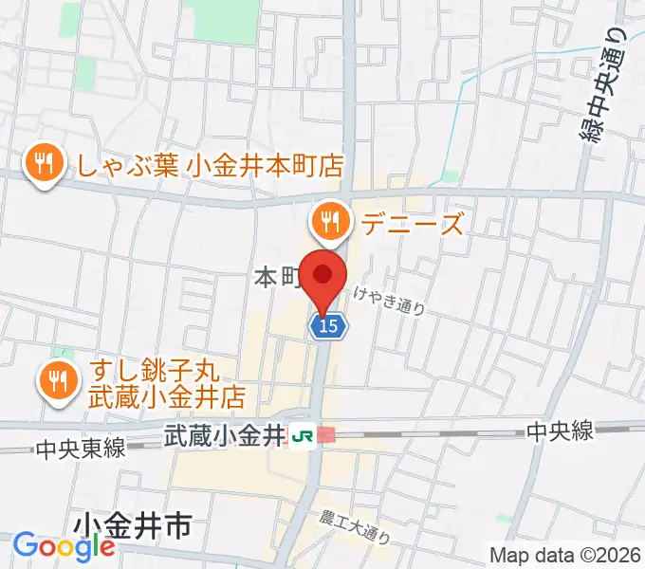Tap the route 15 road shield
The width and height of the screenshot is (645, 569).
pyautogui.click(x=328, y=326)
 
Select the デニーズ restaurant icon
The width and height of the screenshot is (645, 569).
pyautogui.click(x=330, y=222)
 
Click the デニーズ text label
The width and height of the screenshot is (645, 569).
pyautogui.click(x=412, y=224)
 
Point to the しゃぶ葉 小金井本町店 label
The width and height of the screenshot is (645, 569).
pyautogui.click(x=211, y=164)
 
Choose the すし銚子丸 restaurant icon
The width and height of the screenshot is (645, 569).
pyautogui.click(x=59, y=380)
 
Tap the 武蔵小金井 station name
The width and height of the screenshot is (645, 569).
pyautogui.click(x=224, y=436)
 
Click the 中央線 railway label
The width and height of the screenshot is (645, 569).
pyautogui.click(x=561, y=431)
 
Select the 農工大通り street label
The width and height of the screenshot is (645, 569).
pyautogui.click(x=355, y=526)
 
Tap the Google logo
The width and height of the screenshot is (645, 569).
pyautogui.click(x=64, y=546)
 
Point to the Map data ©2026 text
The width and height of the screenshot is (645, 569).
pyautogui.click(x=563, y=554)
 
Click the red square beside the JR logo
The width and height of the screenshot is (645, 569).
pyautogui.click(x=326, y=434)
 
